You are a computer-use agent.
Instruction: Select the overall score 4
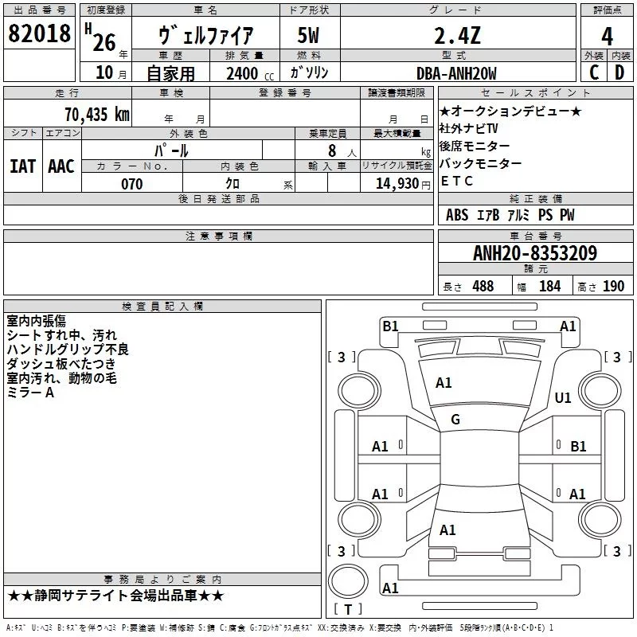tap(607, 36)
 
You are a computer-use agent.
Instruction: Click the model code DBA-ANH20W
tap(456, 73)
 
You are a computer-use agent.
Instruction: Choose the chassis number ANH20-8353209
tap(534, 253)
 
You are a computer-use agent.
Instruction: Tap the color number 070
tap(131, 184)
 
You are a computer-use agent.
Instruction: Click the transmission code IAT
tap(22, 166)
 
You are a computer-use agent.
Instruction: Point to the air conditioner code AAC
tap(61, 166)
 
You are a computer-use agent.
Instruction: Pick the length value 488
tap(482, 286)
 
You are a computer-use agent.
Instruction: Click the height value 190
tap(613, 286)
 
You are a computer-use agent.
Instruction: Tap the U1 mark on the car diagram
tap(563, 397)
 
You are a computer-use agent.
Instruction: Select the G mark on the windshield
tap(455, 420)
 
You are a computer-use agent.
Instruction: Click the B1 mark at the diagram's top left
tap(390, 326)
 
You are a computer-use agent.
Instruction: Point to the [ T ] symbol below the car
tap(347, 609)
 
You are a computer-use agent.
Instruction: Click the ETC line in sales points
tap(457, 181)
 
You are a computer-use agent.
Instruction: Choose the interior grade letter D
tap(619, 73)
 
